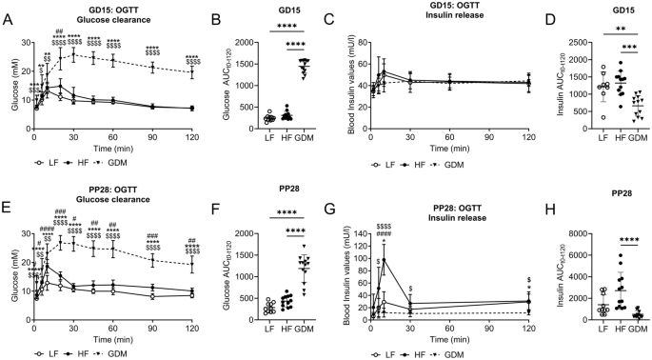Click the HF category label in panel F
click(x=286, y=324)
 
